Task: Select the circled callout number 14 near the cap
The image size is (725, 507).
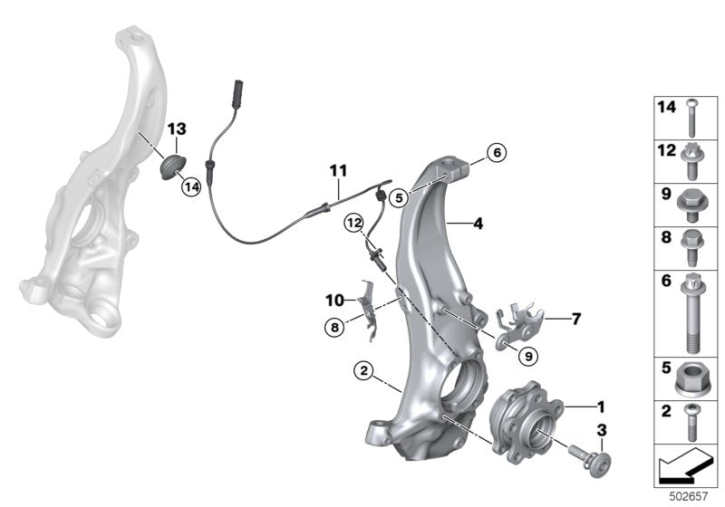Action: pos(189,187)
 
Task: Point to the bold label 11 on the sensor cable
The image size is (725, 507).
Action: pos(338,169)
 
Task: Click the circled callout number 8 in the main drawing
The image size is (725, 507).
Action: pos(335,328)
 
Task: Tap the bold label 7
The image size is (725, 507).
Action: pos(576,319)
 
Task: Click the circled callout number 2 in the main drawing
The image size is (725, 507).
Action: pos(362,370)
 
